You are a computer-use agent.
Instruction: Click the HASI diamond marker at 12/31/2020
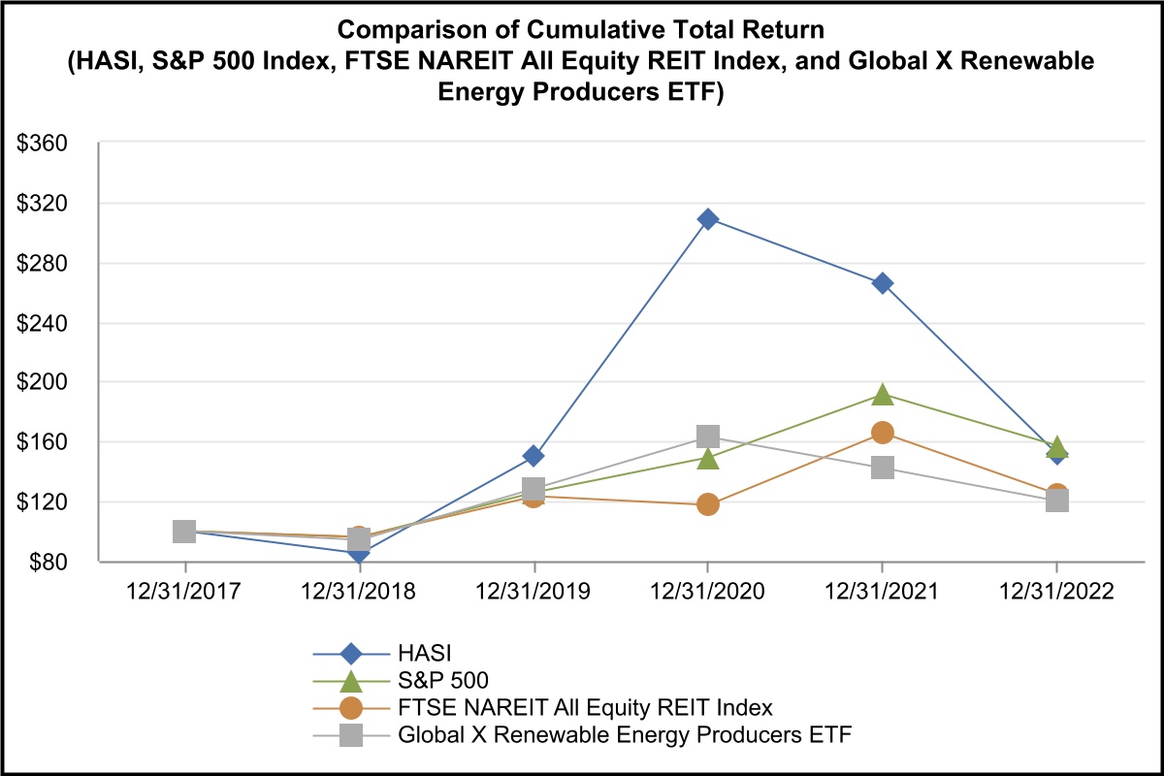[x=708, y=219]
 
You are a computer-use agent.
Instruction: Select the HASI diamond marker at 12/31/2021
[x=883, y=283]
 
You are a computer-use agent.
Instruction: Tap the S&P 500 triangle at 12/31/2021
[x=883, y=394]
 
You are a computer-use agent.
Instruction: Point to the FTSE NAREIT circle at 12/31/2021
[x=883, y=433]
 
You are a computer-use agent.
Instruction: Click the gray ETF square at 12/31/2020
[x=708, y=436]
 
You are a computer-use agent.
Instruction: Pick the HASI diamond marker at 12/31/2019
[x=533, y=456]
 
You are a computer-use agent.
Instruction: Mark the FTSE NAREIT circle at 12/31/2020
[x=708, y=504]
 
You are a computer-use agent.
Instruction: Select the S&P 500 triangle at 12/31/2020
[x=708, y=458]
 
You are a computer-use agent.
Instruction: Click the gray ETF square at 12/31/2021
[x=883, y=468]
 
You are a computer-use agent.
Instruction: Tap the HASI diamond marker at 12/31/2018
[x=359, y=553]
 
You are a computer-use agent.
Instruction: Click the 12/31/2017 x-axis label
[x=184, y=592]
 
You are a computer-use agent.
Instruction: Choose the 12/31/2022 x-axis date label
[x=1057, y=592]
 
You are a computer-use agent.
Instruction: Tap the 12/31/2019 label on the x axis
[x=533, y=592]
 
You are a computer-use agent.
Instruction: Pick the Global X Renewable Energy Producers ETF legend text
[x=625, y=734]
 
